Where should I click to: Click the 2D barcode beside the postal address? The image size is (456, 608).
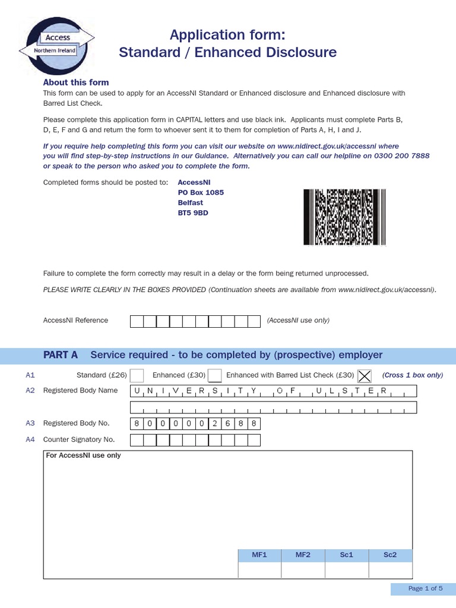pyautogui.click(x=345, y=217)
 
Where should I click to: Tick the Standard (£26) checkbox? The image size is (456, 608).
pyautogui.click(x=137, y=375)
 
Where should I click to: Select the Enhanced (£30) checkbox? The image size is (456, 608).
pyautogui.click(x=215, y=375)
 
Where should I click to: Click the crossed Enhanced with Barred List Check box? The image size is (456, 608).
pyautogui.click(x=365, y=375)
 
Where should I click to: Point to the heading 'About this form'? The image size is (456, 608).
pyautogui.click(x=76, y=83)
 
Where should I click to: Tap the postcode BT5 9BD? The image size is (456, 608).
pyautogui.click(x=193, y=213)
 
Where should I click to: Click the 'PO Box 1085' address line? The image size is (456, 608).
pyautogui.click(x=201, y=192)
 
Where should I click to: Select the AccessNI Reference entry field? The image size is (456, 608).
pyautogui.click(x=195, y=321)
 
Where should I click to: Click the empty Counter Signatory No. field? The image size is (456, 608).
pyautogui.click(x=195, y=440)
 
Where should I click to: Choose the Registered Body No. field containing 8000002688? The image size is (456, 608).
pyautogui.click(x=195, y=423)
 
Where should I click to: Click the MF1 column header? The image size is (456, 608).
pyautogui.click(x=259, y=555)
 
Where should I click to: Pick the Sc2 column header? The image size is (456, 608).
pyautogui.click(x=390, y=555)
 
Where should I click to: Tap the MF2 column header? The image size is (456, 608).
pyautogui.click(x=303, y=555)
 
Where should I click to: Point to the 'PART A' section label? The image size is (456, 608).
pyautogui.click(x=61, y=355)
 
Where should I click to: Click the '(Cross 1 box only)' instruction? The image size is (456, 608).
pyautogui.click(x=412, y=375)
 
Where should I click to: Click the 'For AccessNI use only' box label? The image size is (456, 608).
pyautogui.click(x=83, y=455)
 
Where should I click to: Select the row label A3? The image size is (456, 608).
pyautogui.click(x=30, y=423)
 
